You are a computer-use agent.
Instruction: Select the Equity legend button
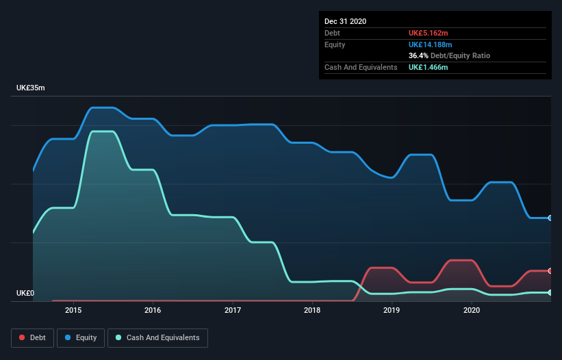[80, 337]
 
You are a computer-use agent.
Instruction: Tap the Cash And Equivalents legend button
[157, 337]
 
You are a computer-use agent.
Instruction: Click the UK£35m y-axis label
[30, 88]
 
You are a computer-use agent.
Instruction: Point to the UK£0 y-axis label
[25, 294]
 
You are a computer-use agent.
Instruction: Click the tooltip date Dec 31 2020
[345, 21]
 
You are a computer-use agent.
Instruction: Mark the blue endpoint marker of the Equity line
[550, 218]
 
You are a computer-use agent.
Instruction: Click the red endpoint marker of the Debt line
[550, 271]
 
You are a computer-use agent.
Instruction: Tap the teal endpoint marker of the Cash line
[550, 292]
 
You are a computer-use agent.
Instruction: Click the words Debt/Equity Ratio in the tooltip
[460, 55]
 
